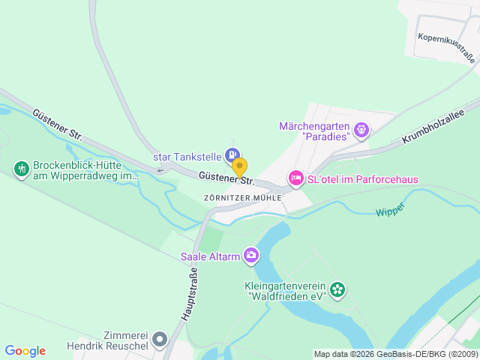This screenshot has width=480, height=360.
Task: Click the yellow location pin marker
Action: pyautogui.click(x=239, y=166)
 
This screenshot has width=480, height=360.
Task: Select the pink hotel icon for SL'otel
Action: pyautogui.click(x=295, y=178)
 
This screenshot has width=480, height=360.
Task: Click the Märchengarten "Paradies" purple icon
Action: pyautogui.click(x=362, y=130)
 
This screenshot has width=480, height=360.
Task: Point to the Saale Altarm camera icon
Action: pyautogui.click(x=250, y=256)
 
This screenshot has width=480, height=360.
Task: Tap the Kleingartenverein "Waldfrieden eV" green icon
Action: pyautogui.click(x=338, y=288)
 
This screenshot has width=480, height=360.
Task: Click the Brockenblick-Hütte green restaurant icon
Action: pyautogui.click(x=21, y=169)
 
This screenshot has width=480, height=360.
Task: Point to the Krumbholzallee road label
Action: pyautogui.click(x=433, y=125)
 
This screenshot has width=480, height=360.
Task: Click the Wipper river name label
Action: pyautogui.click(x=391, y=209)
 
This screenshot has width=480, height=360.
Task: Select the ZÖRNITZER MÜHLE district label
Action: pyautogui.click(x=242, y=197)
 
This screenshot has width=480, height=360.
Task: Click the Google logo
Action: pyautogui.click(x=25, y=351)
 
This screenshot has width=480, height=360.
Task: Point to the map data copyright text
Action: pyautogui.click(x=395, y=354)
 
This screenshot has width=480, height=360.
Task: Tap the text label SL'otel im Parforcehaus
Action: pyautogui.click(x=364, y=179)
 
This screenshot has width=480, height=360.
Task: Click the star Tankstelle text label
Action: pyautogui.click(x=187, y=157)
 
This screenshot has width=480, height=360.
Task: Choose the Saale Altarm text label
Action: pyautogui.click(x=210, y=256)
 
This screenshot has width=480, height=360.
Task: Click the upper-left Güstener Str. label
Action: pyautogui.click(x=57, y=123)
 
